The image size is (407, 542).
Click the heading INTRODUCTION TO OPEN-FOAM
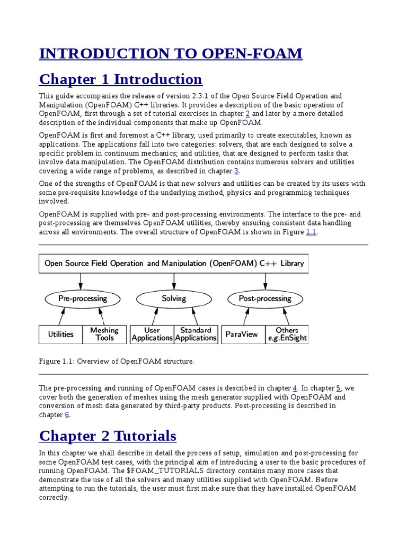point(171,53)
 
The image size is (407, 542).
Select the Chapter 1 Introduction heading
point(121,79)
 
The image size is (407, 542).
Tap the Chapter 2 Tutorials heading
point(108,436)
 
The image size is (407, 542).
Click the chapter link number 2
point(247,114)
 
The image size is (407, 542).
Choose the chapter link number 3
point(236,171)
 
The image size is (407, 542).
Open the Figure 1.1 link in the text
point(311,232)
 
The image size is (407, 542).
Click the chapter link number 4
point(295,388)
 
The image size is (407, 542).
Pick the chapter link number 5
point(338,388)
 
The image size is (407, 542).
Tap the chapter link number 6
point(67,415)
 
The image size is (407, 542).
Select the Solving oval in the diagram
point(174,299)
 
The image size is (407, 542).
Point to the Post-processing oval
point(265,299)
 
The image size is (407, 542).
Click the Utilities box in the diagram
point(60,334)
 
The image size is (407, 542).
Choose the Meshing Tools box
point(104,334)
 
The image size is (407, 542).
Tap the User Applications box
point(152,334)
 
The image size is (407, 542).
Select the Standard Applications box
point(196,334)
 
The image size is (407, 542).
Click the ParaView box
point(242,334)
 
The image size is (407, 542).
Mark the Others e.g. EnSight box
point(287,334)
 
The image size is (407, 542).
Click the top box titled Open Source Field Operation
point(173,263)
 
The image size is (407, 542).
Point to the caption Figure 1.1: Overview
point(117,362)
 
